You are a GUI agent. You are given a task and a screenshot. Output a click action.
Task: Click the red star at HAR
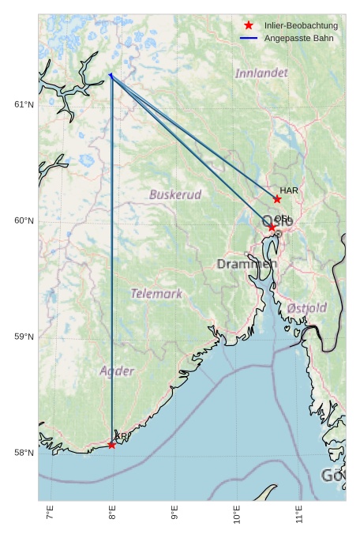click(277, 199)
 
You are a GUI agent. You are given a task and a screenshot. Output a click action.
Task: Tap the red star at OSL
click(272, 228)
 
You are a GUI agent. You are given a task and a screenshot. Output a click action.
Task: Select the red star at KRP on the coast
click(112, 445)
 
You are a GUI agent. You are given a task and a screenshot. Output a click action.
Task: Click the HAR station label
click(289, 190)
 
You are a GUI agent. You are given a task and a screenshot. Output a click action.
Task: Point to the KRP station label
click(122, 436)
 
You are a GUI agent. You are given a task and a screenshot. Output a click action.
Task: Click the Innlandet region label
click(261, 73)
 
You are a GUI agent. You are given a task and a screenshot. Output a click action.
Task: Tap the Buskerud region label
click(175, 194)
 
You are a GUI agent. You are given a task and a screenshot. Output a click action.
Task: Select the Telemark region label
click(156, 294)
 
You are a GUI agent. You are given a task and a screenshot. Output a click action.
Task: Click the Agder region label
click(117, 371)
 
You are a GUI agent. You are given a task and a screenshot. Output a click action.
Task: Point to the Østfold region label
click(306, 307)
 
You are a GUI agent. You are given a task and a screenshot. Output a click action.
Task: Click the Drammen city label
click(244, 264)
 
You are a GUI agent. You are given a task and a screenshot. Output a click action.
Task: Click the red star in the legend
click(249, 25)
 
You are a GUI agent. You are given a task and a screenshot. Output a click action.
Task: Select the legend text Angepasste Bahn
click(298, 38)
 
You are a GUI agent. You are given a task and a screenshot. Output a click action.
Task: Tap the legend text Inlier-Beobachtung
click(301, 25)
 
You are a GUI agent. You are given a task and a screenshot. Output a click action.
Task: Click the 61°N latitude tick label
click(24, 104)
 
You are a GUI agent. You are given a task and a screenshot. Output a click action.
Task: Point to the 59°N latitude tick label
click(24, 337)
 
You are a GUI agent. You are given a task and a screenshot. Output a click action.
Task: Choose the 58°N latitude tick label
click(24, 453)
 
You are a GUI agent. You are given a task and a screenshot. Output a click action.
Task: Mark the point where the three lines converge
click(110, 75)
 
